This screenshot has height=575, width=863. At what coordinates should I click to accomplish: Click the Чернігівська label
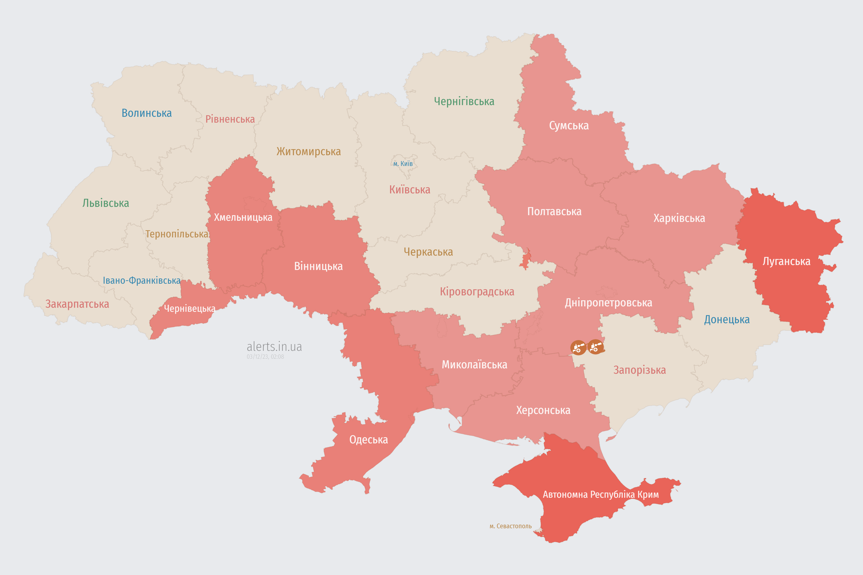(x=464, y=101)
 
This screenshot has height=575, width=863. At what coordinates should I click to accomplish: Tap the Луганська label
(x=786, y=261)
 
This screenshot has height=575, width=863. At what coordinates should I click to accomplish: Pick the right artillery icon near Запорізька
(x=595, y=347)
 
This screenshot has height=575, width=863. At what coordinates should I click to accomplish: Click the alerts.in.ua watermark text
(x=274, y=347)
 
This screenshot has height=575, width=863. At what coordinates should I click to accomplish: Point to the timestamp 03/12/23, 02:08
(x=265, y=357)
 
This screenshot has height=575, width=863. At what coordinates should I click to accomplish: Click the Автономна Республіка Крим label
(x=601, y=495)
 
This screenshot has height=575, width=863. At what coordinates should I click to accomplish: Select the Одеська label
(x=368, y=440)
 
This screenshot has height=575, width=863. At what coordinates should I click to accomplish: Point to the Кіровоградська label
(x=477, y=292)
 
